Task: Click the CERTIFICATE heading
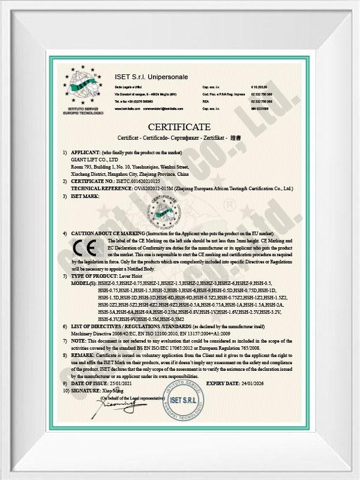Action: (179, 127)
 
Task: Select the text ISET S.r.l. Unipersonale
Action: (151, 77)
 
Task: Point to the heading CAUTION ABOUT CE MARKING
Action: (108, 233)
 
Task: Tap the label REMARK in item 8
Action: (83, 355)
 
